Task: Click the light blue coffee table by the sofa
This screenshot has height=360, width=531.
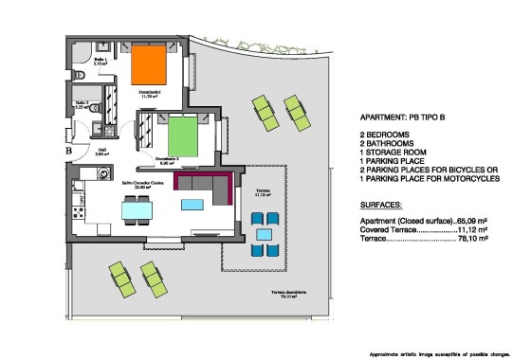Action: point(192,205)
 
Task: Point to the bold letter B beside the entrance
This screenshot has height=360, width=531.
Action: point(68,149)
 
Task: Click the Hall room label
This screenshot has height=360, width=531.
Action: point(101,150)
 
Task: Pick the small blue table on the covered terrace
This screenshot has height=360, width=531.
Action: point(264,234)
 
